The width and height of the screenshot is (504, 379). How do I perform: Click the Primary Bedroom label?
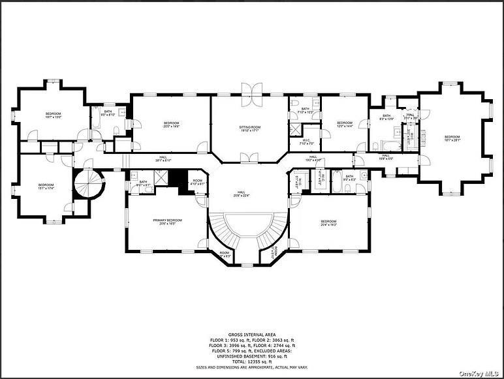point(168,222)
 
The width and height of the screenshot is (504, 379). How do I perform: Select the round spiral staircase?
point(87,186)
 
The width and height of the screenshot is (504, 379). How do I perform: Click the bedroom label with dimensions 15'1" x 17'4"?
point(46,187)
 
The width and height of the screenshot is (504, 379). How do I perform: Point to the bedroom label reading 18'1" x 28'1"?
point(452,138)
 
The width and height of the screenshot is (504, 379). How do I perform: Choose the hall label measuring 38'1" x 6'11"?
point(164,159)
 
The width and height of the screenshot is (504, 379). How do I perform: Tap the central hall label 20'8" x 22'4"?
point(241,194)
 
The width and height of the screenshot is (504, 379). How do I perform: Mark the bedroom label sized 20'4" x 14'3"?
point(328,223)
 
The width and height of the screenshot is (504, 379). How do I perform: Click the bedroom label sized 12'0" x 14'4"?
point(345,124)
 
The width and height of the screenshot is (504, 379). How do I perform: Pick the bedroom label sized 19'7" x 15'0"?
point(54,115)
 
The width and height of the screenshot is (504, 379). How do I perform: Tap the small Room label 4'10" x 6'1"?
point(197,183)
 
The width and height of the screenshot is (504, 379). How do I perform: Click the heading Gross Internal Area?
point(252,333)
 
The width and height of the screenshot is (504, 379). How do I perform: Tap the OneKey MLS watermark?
point(480,373)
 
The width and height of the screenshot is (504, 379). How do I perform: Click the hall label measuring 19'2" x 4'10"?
point(313,159)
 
